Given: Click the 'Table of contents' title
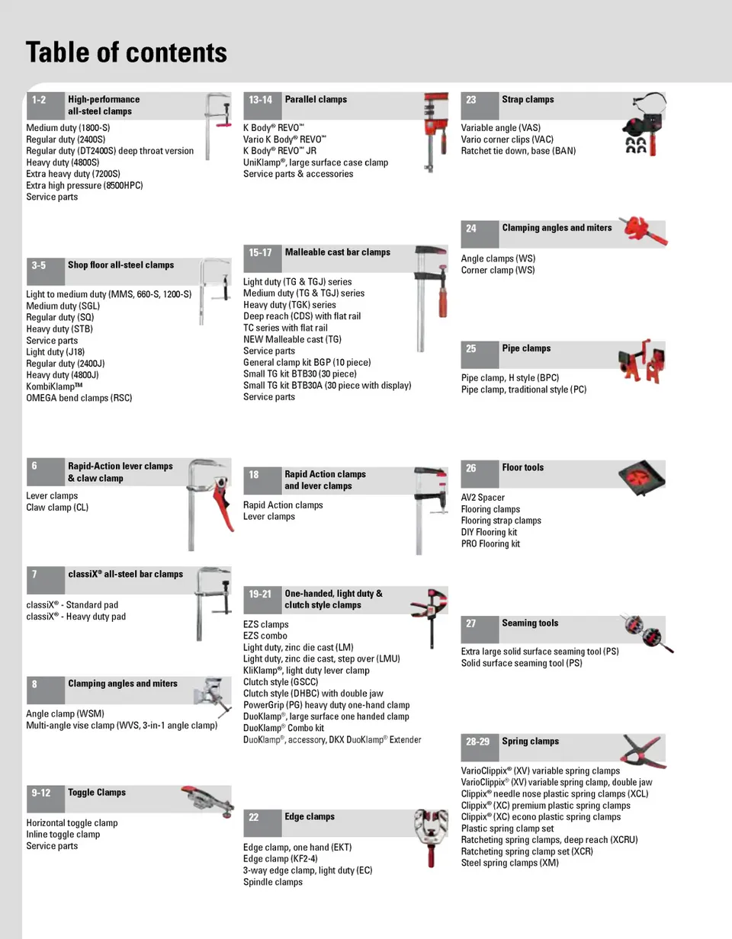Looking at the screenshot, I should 127,53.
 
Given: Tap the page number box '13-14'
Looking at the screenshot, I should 261,100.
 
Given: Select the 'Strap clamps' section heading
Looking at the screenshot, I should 528,100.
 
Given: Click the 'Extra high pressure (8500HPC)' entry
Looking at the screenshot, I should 84,185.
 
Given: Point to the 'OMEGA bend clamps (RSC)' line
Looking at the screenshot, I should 79,398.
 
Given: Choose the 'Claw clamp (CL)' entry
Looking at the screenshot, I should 57,508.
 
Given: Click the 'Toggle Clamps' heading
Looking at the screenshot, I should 97,793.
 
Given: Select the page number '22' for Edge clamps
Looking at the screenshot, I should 254,817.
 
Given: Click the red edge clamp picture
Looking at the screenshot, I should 432,837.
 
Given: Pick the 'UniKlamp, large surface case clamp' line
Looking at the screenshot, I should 315,162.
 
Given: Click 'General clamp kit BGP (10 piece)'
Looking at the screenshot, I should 307,363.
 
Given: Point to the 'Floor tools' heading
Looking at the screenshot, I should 523,468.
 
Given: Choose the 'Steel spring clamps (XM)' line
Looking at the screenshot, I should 509,863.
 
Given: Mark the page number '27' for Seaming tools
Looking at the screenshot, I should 471,623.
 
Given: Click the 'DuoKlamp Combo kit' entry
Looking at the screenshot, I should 284,728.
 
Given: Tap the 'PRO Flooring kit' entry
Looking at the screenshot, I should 490,544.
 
